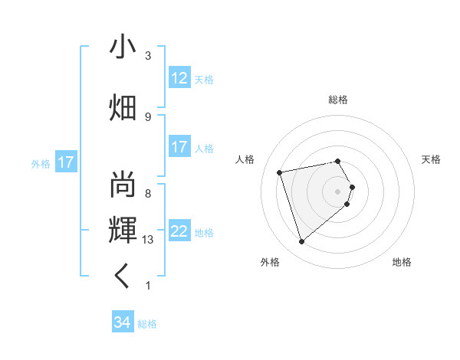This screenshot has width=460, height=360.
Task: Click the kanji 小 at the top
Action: (123, 47)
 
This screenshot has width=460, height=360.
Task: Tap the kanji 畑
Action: (123, 107)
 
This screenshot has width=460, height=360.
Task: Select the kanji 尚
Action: (123, 185)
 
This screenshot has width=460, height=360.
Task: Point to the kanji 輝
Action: (123, 227)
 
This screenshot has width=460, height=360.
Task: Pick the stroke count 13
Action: (148, 240)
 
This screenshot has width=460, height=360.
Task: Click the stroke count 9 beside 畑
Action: (147, 116)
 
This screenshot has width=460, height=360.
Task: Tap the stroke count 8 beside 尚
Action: (147, 193)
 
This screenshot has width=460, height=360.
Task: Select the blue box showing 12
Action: (179, 78)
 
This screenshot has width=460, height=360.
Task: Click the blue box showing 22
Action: (179, 231)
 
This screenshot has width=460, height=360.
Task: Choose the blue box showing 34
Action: (122, 322)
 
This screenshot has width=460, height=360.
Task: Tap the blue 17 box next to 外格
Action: (65, 162)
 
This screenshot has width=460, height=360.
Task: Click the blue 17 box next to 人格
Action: (179, 147)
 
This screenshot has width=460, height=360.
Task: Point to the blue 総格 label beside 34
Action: (147, 324)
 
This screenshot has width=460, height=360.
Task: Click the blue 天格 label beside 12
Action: (204, 80)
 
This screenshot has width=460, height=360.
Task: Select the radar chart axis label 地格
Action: (402, 263)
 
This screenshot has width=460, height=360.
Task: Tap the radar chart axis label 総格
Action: (338, 100)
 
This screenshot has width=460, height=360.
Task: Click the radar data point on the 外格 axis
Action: (301, 242)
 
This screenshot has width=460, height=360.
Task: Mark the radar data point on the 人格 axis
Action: (280, 172)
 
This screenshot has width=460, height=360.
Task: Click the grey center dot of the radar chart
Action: (338, 191)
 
